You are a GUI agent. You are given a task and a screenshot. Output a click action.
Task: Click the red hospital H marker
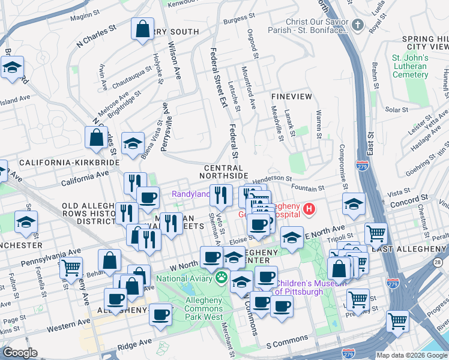(309, 209)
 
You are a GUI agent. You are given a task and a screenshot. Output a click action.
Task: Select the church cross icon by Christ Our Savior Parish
(358, 25)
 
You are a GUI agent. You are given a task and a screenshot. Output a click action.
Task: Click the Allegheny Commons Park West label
(196, 308)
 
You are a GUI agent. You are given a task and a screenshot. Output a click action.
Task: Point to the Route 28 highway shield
(436, 263)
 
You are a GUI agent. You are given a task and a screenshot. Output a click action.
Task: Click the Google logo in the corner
(20, 353)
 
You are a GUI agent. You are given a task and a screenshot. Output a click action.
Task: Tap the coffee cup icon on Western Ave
(160, 314)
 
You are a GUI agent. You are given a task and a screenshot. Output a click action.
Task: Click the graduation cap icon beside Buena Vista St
(133, 144)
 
